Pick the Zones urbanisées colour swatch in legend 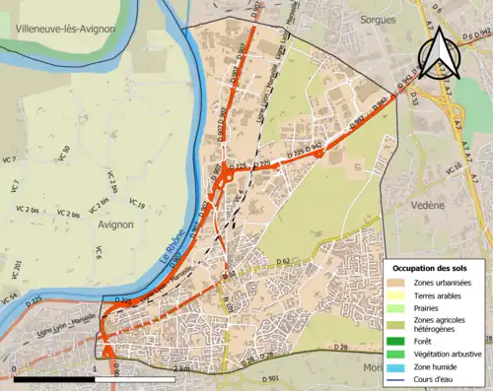click(399, 284)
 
